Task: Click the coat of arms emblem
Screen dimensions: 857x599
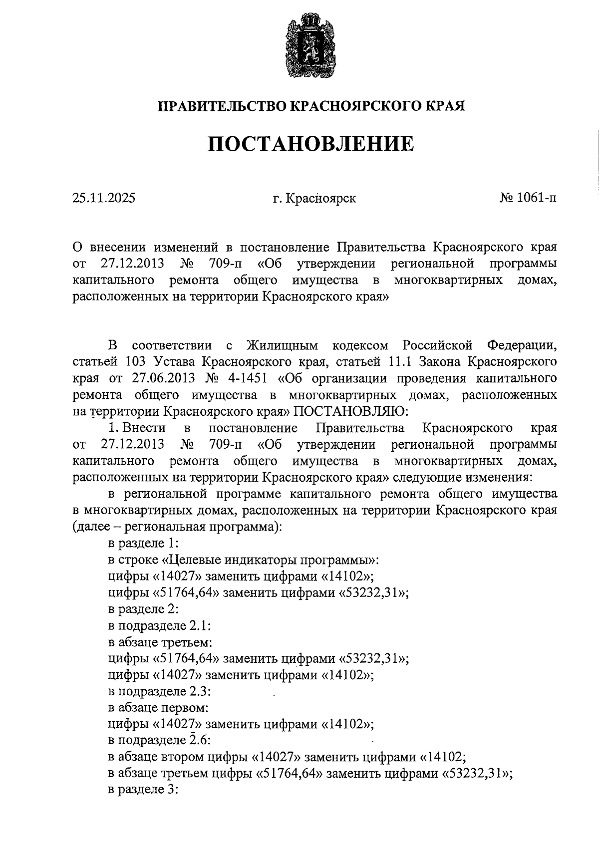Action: (308, 46)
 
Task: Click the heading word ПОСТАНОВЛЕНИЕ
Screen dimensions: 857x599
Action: (310, 145)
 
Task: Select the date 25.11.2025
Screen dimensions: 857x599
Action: (103, 199)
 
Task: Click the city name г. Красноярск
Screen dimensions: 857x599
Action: (314, 199)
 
